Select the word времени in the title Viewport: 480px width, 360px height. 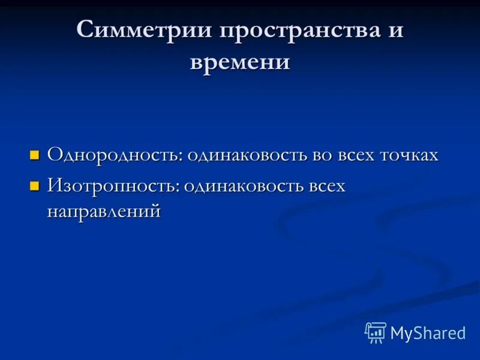[x=240, y=62]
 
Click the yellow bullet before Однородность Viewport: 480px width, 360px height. [x=35, y=156]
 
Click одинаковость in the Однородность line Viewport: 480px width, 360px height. [x=248, y=155]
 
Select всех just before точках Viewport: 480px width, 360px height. [x=357, y=155]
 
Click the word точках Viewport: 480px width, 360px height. [x=409, y=155]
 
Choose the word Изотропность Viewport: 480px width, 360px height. [x=112, y=186]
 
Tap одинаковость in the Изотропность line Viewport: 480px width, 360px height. [x=244, y=186]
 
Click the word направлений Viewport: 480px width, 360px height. [x=104, y=211]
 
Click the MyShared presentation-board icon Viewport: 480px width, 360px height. [x=375, y=332]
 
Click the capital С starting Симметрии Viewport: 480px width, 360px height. [x=86, y=30]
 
